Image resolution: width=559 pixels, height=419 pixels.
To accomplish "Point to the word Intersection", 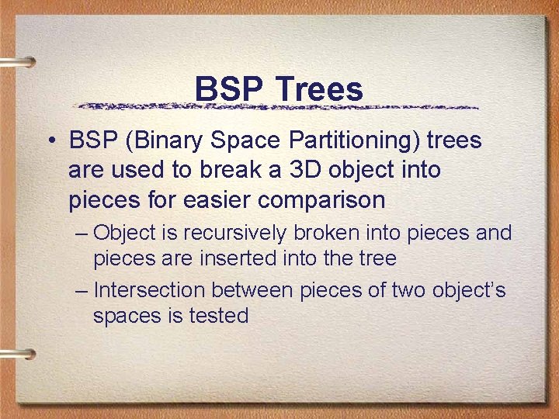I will point(149,291).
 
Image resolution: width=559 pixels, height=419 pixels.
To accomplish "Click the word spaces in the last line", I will point(124,317).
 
